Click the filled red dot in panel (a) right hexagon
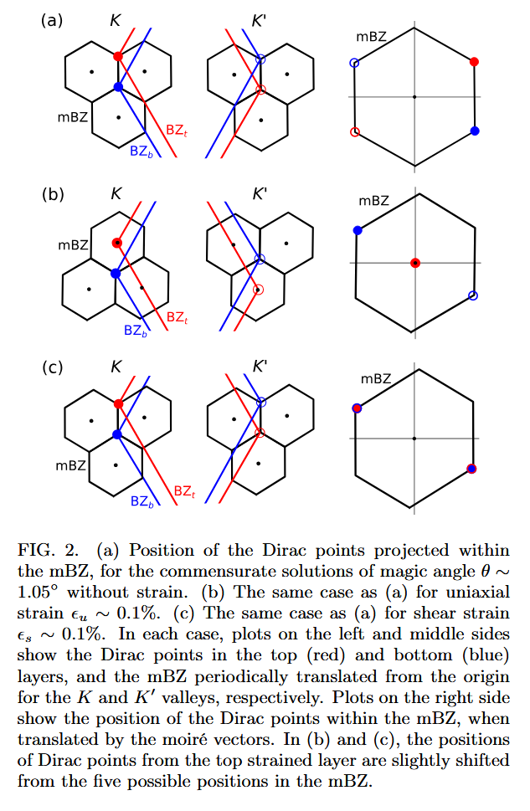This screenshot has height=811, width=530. click(474, 62)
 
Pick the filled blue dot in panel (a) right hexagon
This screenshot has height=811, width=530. click(475, 131)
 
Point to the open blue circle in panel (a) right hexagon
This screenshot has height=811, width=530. click(354, 63)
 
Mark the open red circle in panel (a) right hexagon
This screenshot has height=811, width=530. click(354, 131)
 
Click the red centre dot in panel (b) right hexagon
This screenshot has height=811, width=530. click(414, 263)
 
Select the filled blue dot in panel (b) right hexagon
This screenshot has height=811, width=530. click(358, 229)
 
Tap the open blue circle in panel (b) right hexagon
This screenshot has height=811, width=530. click(473, 295)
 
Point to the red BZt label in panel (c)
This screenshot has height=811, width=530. click(183, 491)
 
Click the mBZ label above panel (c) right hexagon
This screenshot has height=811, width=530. click(376, 379)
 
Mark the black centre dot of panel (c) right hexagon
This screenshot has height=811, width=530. click(414, 438)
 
